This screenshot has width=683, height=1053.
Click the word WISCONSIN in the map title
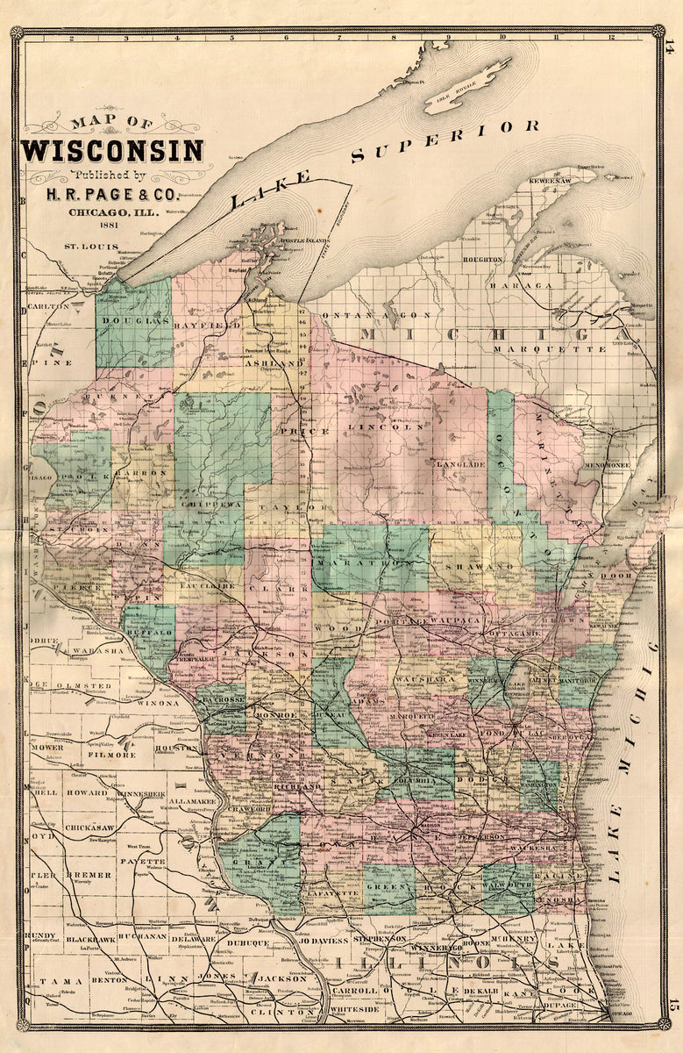tap(113, 150)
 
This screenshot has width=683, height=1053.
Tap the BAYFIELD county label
tap(211, 326)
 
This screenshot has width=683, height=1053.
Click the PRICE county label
tap(293, 432)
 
